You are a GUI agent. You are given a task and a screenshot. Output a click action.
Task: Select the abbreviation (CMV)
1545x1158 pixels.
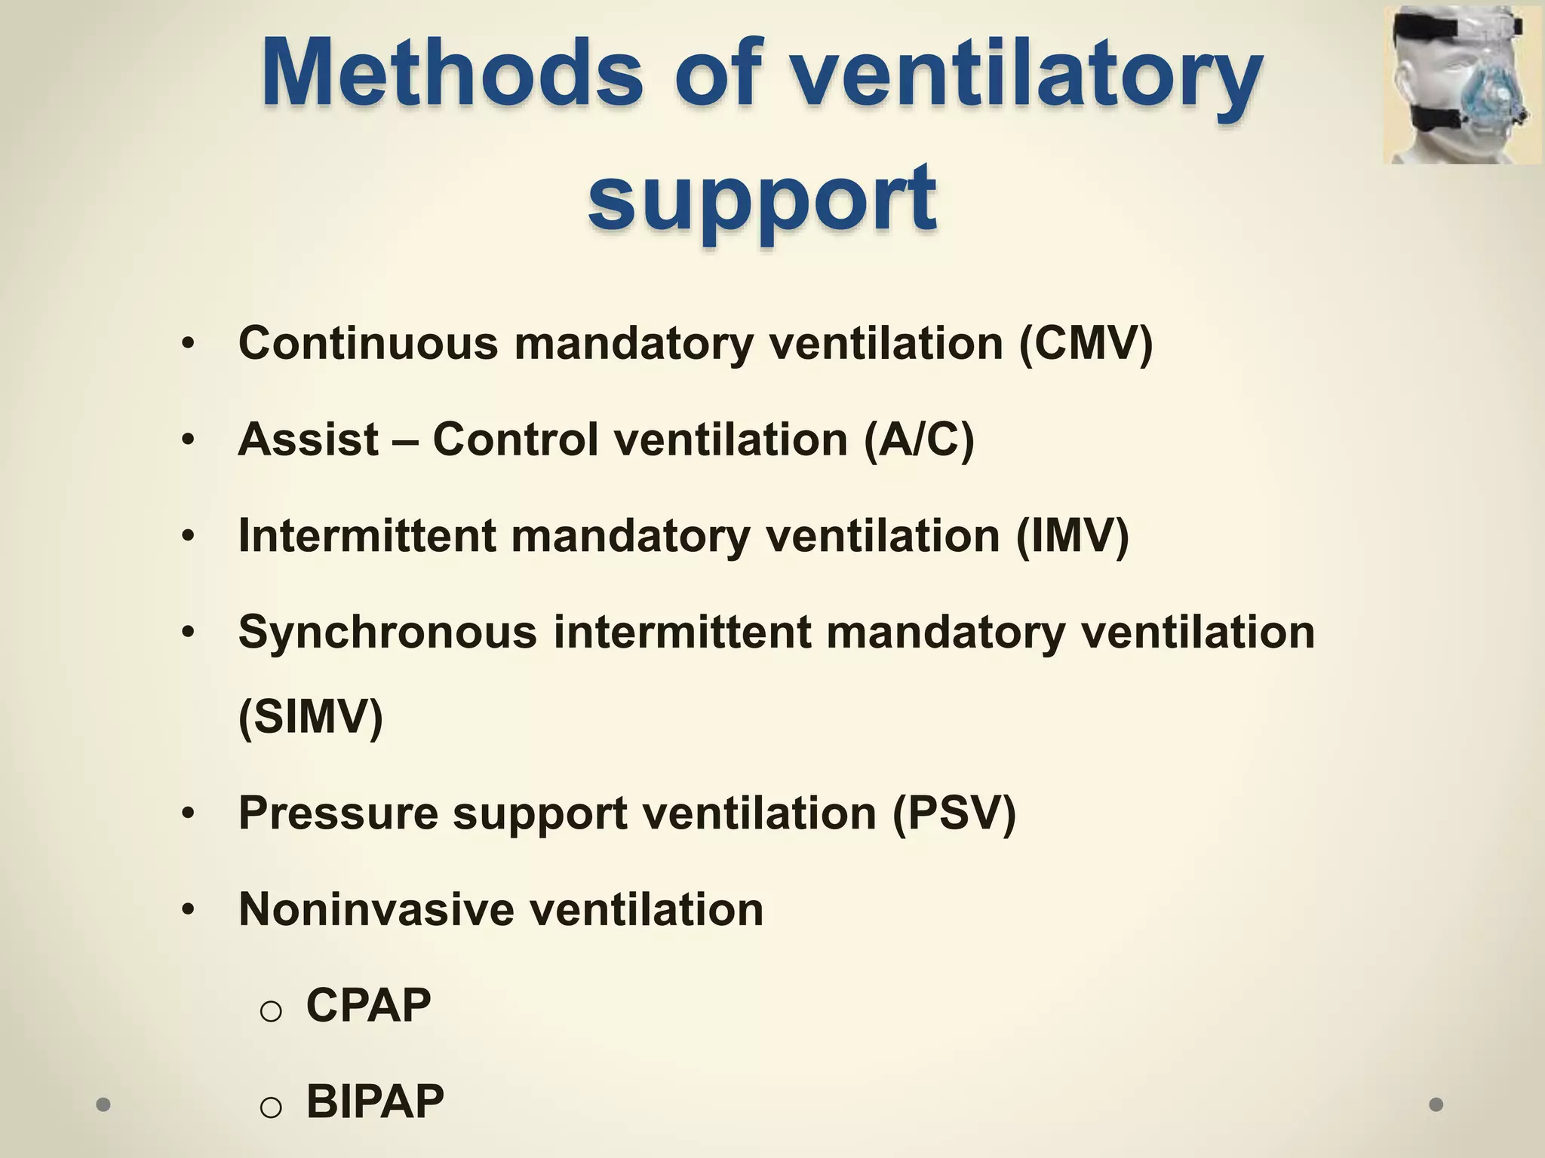click(x=1086, y=344)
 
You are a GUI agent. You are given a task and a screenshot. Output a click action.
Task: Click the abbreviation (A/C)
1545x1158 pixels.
click(x=919, y=440)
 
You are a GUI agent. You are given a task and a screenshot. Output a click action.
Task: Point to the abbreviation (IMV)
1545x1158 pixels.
click(x=1072, y=536)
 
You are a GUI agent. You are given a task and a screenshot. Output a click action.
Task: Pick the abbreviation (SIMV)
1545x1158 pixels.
click(x=311, y=716)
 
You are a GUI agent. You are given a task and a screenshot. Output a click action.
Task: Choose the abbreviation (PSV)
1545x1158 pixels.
click(x=954, y=813)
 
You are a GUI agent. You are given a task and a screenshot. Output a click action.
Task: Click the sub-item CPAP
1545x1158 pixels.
click(x=368, y=1005)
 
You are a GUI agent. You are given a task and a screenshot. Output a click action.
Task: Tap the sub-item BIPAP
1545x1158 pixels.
click(x=375, y=1101)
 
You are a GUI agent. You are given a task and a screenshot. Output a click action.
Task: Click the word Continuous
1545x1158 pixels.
click(x=368, y=344)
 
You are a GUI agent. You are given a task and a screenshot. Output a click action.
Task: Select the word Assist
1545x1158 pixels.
click(x=308, y=440)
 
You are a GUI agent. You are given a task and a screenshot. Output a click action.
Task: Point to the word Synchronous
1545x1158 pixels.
click(x=387, y=632)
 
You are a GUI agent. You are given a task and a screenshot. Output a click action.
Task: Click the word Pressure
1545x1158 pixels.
click(x=338, y=813)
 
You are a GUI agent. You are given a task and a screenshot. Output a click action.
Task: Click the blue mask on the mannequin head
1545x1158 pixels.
click(x=1490, y=98)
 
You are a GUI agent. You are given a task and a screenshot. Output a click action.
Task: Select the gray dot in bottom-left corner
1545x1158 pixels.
click(x=103, y=1104)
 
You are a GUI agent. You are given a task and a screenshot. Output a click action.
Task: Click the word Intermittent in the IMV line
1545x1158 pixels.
click(x=367, y=536)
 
